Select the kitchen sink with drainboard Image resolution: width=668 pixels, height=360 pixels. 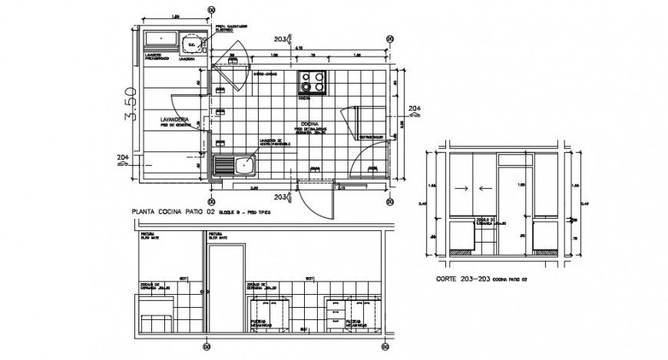[234, 164]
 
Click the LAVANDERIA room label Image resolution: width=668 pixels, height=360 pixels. [174, 121]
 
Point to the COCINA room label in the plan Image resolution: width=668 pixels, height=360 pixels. [309, 124]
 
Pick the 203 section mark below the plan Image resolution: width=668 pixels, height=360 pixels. [279, 197]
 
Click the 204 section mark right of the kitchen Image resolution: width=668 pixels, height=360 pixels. [414, 107]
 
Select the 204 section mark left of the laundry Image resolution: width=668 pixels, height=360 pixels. [122, 159]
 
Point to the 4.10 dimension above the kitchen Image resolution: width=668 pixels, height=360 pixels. [297, 48]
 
